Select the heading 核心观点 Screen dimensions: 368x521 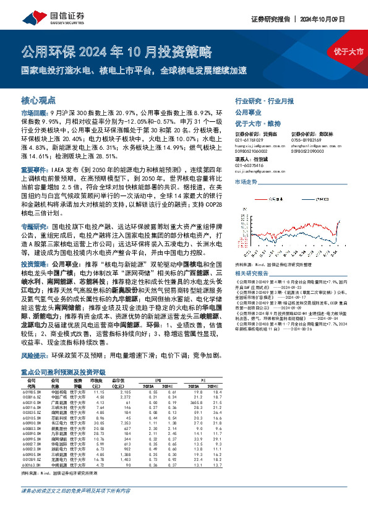[x=39, y=100]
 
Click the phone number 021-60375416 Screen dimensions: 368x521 [x=249, y=165]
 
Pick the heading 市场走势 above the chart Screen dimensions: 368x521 [x=246, y=181]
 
